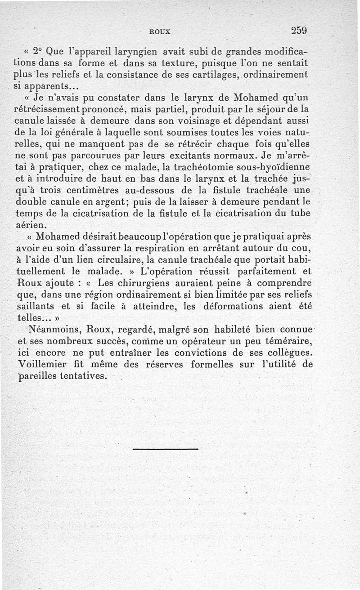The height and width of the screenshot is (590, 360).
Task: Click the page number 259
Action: pyautogui.click(x=299, y=31)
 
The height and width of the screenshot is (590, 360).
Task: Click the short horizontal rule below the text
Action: pyautogui.click(x=166, y=449)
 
